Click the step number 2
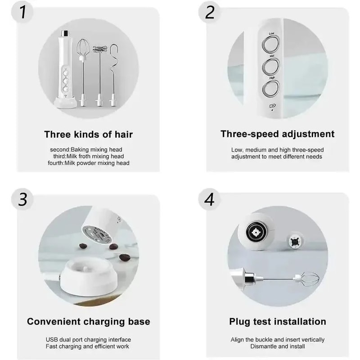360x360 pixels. click(210, 13)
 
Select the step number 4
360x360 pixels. click(209, 199)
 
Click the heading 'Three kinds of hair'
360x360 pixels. click(89, 134)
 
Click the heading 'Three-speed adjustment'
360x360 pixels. click(277, 134)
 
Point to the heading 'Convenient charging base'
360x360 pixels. click(89, 321)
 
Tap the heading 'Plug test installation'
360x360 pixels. click(278, 321)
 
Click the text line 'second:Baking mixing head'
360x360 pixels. click(86, 149)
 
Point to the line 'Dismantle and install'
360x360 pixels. click(277, 346)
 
